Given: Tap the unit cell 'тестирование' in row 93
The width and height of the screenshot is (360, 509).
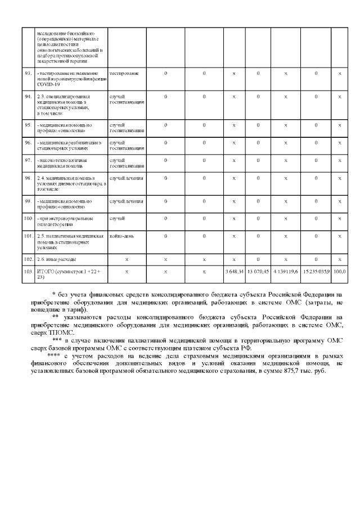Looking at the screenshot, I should click(124, 74).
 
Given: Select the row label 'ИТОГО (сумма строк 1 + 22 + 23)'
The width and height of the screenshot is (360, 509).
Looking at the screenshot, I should click(69, 274).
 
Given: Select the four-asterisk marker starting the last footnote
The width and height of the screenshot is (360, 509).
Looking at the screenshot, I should click(54, 356).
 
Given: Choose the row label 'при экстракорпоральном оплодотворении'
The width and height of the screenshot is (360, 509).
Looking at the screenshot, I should click(65, 220).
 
